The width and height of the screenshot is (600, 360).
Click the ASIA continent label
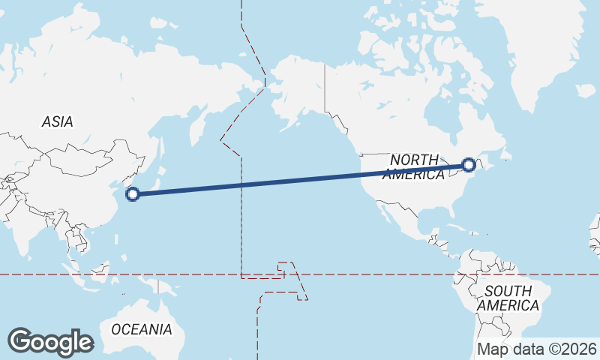pyautogui.click(x=57, y=121)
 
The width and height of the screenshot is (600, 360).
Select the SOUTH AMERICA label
pyautogui.click(x=508, y=298)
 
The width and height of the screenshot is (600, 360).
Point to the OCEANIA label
pyautogui.click(x=142, y=329)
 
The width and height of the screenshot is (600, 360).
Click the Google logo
pyautogui.click(x=50, y=342)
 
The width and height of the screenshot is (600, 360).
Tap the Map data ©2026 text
pyautogui.click(x=537, y=349)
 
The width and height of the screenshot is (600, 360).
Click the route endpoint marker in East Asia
pyautogui.click(x=133, y=195)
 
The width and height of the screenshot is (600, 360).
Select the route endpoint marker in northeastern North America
pyautogui.click(x=469, y=164)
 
